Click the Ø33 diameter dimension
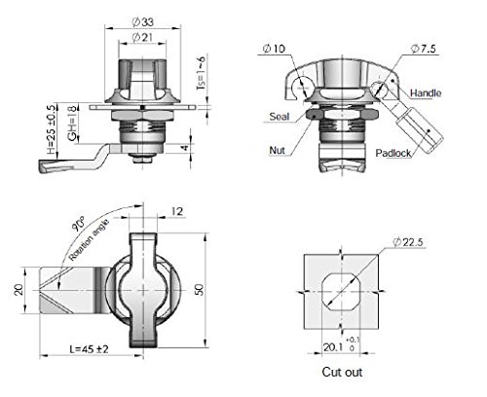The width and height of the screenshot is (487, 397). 142,22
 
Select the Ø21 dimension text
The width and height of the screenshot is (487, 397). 142,38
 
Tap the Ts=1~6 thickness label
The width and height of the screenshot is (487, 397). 202,73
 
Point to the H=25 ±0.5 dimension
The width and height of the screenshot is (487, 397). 51,129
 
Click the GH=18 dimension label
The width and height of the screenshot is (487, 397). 73,124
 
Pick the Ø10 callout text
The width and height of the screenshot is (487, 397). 274,49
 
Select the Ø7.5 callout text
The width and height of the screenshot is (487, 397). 424,49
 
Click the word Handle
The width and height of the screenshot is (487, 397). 426,93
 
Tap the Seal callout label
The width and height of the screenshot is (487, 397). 280,117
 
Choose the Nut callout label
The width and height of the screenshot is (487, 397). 277,150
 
